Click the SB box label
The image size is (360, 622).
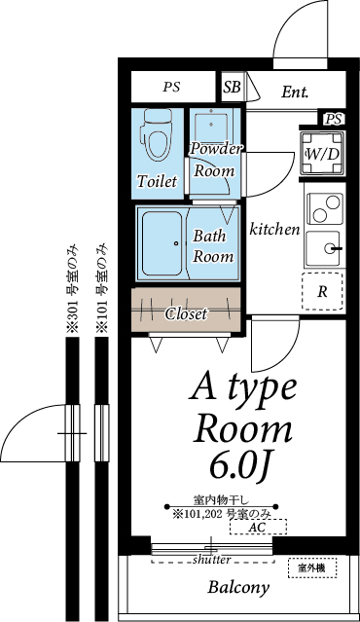pyautogui.click(x=233, y=88)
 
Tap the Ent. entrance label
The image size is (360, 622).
pyautogui.click(x=295, y=93)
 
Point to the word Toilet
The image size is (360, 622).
pyautogui.click(x=157, y=182)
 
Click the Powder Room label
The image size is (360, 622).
pyautogui.click(x=215, y=159)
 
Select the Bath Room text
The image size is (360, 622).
pyautogui.click(x=213, y=246)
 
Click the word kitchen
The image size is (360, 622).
pyautogui.click(x=274, y=230)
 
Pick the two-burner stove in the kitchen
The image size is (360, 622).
pyautogui.click(x=323, y=206)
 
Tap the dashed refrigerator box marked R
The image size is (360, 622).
pyautogui.click(x=322, y=290)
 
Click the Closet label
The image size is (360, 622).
pyautogui.click(x=186, y=313)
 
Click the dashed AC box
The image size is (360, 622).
pyautogui.click(x=258, y=527)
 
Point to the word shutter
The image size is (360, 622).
pyautogui.click(x=211, y=560)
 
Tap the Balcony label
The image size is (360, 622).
pyautogui.click(x=237, y=587)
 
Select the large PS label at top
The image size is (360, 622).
pyautogui.click(x=171, y=87)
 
